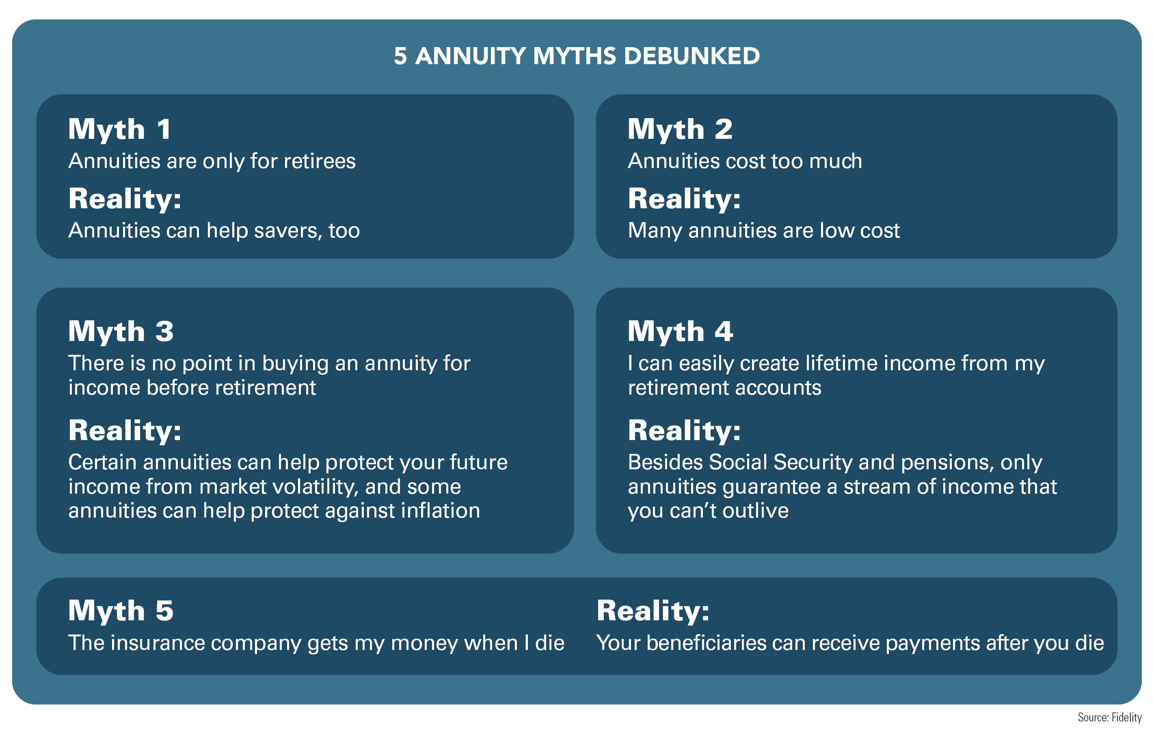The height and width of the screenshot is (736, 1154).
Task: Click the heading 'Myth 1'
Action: point(119,130)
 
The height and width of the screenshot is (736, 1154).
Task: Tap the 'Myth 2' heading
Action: point(680,130)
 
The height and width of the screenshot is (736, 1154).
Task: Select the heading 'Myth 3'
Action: point(121,332)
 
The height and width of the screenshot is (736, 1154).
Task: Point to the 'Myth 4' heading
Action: point(681,332)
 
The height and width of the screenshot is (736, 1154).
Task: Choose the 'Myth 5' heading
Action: point(121,611)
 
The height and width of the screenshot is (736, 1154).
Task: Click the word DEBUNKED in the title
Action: point(692,56)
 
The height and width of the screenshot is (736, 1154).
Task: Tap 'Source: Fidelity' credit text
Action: point(1109,717)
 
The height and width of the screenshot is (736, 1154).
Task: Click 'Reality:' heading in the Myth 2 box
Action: point(684,199)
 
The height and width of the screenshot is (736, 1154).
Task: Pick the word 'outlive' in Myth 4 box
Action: point(755,511)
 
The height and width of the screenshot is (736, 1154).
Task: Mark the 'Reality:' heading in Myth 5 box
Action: point(653,611)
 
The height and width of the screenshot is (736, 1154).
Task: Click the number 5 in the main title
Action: point(400,56)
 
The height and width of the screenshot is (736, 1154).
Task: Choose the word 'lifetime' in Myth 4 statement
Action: point(841,363)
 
